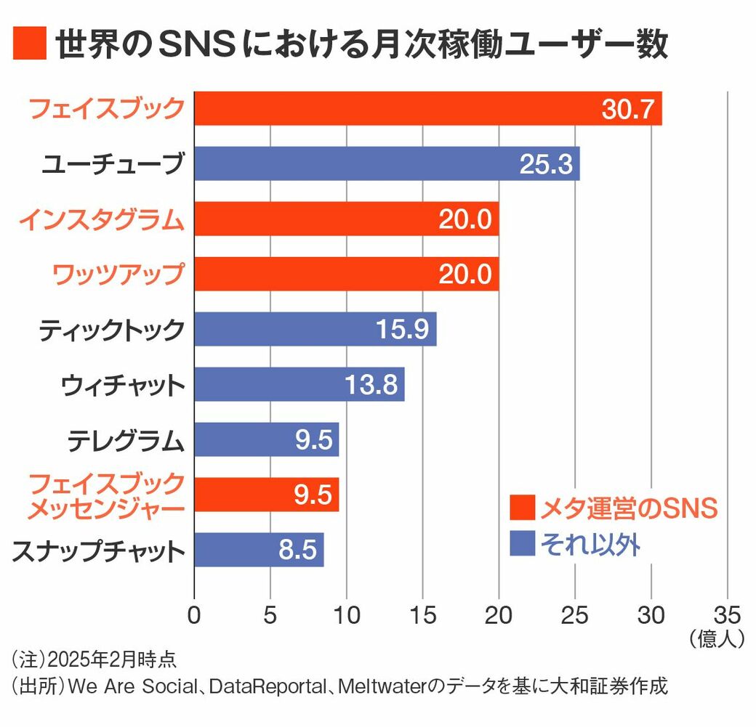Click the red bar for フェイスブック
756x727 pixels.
[x=427, y=108]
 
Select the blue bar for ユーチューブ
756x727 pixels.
[x=387, y=163]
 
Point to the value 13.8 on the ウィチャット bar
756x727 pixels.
[x=370, y=384]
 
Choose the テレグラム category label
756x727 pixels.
[x=126, y=441]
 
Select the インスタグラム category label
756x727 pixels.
[x=101, y=219]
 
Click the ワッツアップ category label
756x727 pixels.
[x=117, y=275]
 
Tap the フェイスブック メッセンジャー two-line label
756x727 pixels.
[x=106, y=496]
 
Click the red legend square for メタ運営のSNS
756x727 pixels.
[x=521, y=508]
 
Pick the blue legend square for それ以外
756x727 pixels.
[x=521, y=543]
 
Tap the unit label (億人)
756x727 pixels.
[x=715, y=638]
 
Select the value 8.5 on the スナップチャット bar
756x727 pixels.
[x=298, y=551]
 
